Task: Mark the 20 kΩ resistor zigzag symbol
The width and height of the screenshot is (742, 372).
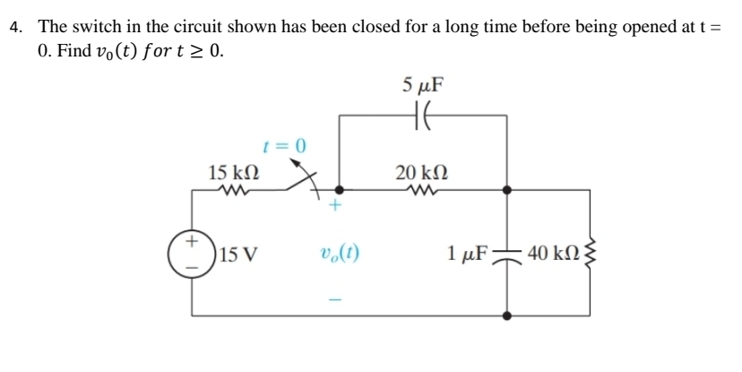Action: (420, 189)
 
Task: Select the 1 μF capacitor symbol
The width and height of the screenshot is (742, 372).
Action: (508, 254)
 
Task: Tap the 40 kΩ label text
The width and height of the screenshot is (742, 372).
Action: (553, 254)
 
